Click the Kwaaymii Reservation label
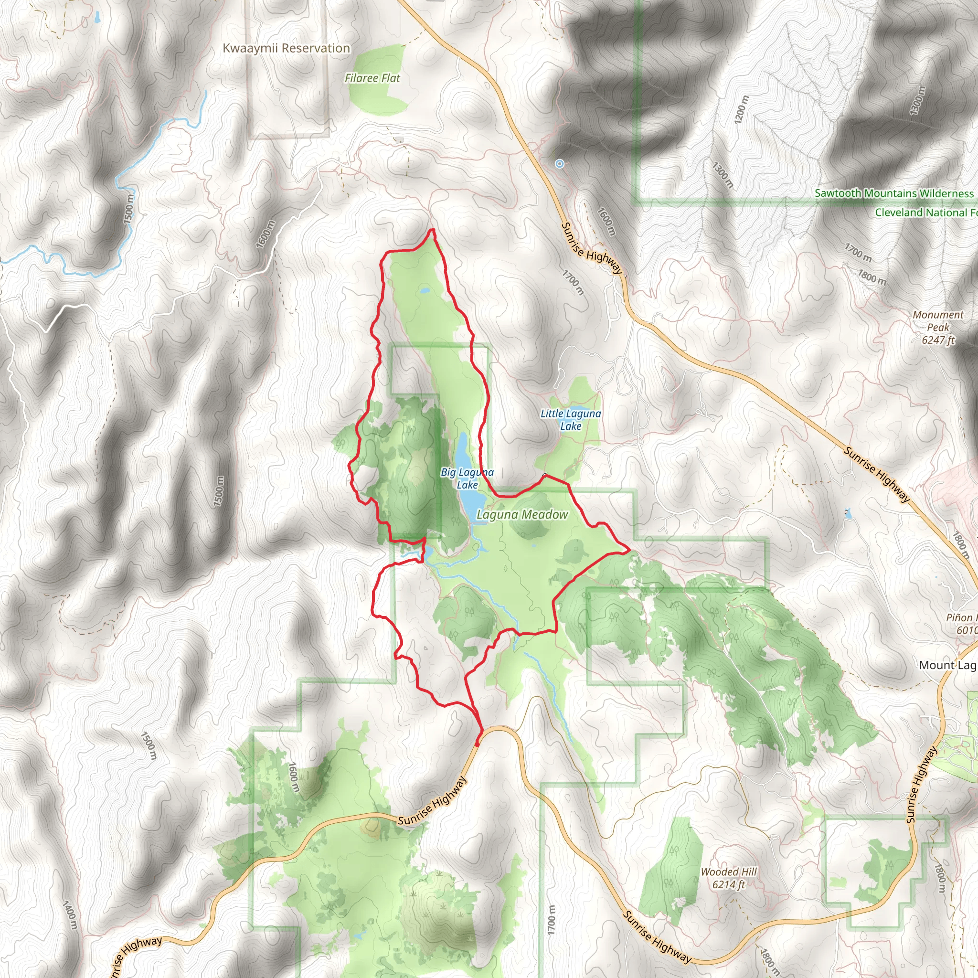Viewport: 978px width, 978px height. [x=286, y=48]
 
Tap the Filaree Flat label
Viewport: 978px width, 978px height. [x=372, y=78]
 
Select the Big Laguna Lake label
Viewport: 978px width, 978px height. [x=467, y=478]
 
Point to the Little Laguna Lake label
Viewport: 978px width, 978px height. [x=571, y=420]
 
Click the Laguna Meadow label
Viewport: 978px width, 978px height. [x=522, y=515]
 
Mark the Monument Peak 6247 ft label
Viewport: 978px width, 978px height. [x=938, y=327]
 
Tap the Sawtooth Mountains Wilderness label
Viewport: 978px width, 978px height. [x=894, y=193]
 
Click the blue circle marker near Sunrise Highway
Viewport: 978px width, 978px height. [x=559, y=163]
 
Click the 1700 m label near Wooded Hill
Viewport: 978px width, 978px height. [x=552, y=920]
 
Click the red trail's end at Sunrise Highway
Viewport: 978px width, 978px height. [x=477, y=744]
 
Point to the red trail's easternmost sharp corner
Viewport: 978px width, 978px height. [x=629, y=549]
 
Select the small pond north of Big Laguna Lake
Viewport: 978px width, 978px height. [x=424, y=291]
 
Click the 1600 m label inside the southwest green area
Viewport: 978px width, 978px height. [x=293, y=777]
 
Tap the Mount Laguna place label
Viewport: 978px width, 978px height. [x=947, y=665]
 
